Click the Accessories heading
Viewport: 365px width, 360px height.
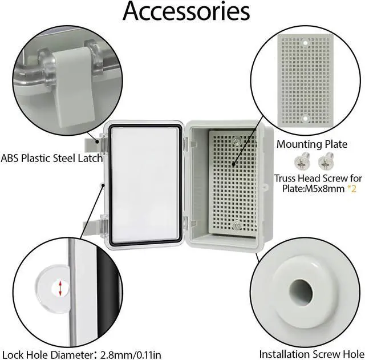(x=186, y=12)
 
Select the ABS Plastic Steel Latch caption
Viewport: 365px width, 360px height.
(x=52, y=158)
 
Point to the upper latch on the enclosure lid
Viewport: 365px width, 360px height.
(x=95, y=140)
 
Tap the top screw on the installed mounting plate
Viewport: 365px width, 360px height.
(x=236, y=140)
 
